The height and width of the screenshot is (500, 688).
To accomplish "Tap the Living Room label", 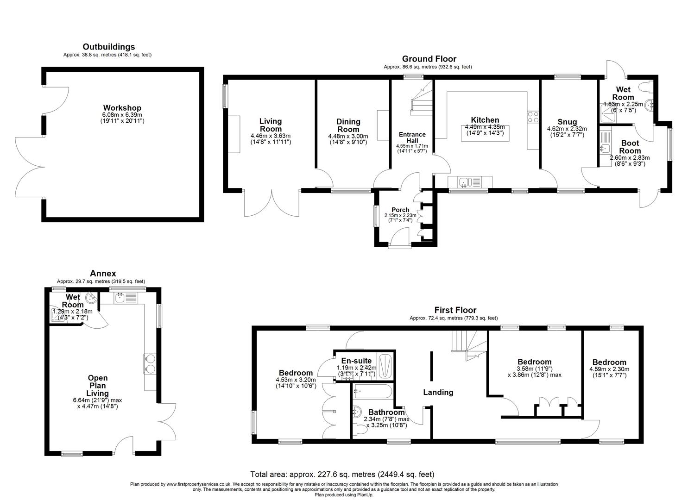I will click(x=270, y=125).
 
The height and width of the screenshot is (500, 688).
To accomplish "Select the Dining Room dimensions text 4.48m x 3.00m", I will click(x=348, y=136).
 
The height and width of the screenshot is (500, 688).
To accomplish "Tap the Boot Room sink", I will click(x=605, y=149).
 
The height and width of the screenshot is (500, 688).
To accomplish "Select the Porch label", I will click(x=400, y=210).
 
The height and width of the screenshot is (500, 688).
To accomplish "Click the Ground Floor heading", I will click(x=429, y=59).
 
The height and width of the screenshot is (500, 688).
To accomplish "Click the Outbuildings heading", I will click(x=108, y=47).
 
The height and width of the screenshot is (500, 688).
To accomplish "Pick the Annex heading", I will click(x=102, y=274).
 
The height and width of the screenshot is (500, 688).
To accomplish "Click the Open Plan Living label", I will click(x=97, y=386).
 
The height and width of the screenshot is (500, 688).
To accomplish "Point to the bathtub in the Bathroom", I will click(x=373, y=391).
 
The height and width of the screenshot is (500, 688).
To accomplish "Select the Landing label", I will click(x=438, y=393).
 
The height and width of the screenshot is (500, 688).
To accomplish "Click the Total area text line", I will click(x=342, y=474).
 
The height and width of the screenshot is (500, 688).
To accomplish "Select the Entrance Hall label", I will click(x=412, y=137).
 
